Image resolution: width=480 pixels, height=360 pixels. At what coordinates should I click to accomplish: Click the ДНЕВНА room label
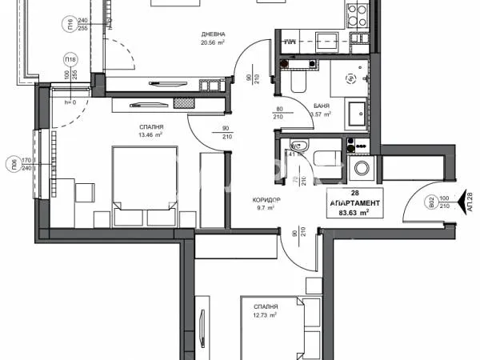[x=212, y=34]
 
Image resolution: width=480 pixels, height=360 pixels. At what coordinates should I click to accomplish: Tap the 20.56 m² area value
[x=212, y=44]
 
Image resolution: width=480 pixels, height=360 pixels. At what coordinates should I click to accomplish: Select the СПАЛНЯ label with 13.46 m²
[x=151, y=126]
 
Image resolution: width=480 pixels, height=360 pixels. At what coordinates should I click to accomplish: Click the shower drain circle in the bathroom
[x=350, y=78]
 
